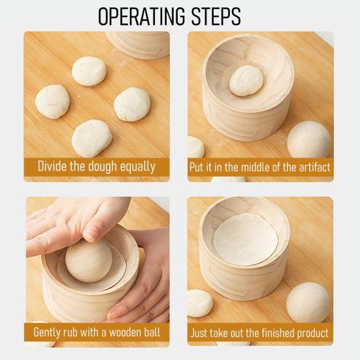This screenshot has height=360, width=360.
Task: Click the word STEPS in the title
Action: pos(216,16)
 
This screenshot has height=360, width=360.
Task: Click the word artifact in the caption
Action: pos(314,167)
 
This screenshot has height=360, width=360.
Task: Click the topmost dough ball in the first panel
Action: pos(89,71)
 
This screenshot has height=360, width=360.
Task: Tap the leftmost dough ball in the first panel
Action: pos(52,102)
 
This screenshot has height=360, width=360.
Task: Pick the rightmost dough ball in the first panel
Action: pos(132,105)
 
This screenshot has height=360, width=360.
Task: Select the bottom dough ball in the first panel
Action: pos(92,139)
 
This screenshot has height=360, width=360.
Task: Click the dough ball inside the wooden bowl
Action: pos(246,80)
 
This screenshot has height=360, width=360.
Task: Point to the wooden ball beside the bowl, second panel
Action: pos(309,140)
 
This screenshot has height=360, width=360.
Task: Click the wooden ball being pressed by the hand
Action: pos(89,260)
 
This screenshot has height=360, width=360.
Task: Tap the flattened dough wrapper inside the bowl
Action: pos(246,239)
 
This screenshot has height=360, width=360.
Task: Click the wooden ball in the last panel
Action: pos(308,303)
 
